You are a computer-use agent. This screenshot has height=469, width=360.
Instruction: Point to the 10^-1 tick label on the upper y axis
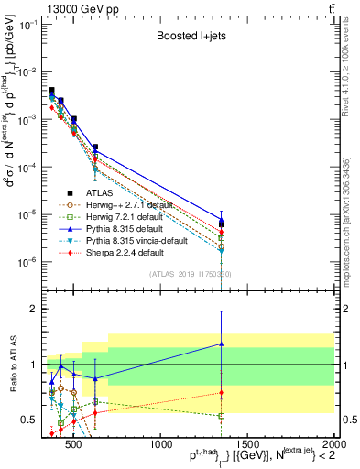click(x=27, y=25)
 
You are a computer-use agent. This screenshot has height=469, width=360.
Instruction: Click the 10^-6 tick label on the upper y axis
click(x=27, y=262)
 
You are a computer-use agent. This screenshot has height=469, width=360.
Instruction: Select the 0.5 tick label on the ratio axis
click(x=28, y=420)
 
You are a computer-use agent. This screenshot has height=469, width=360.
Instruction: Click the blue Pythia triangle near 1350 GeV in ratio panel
click(x=222, y=344)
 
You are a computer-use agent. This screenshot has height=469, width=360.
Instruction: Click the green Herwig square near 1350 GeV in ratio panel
click(x=222, y=416)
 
